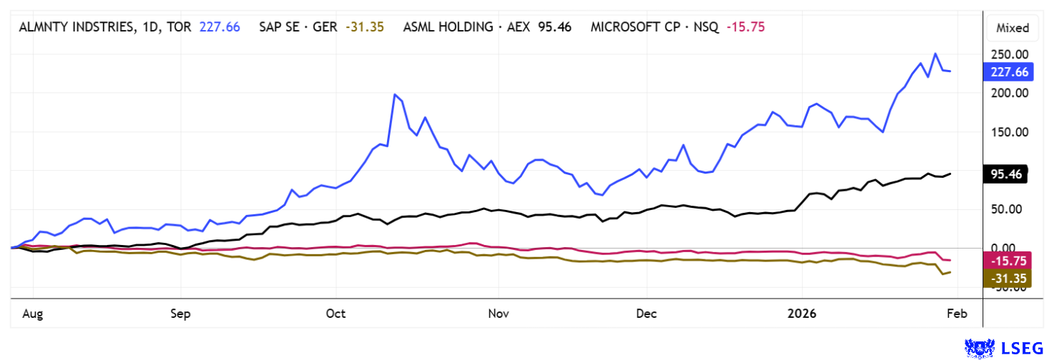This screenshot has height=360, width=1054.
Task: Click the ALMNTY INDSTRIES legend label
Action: [x=86, y=27]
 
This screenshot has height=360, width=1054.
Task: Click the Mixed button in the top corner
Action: [x=1013, y=29]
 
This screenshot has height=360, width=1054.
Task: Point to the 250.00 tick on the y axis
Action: [x=1007, y=54]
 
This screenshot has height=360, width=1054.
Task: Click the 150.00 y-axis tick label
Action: [x=1007, y=132]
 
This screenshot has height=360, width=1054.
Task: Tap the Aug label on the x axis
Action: [x=33, y=314]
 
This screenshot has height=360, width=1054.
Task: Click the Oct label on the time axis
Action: [x=335, y=314]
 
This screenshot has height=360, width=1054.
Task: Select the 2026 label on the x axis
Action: [x=800, y=314]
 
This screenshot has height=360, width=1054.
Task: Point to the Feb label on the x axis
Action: [x=957, y=314]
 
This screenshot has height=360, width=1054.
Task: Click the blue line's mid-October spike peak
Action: [x=395, y=94]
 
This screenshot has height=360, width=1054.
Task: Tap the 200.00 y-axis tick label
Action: [x=1007, y=93]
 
